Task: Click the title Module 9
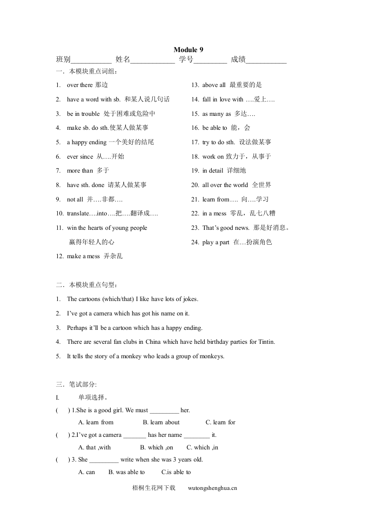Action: (x=188, y=50)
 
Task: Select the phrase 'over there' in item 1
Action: (x=80, y=85)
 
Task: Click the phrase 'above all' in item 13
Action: (x=214, y=85)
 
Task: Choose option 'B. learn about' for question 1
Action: (x=161, y=422)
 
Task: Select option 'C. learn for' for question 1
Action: (x=220, y=422)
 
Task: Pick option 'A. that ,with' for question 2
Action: (x=94, y=448)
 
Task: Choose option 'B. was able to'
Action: (x=127, y=472)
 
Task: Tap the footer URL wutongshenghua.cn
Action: (x=213, y=489)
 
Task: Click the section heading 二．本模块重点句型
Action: (x=87, y=285)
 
